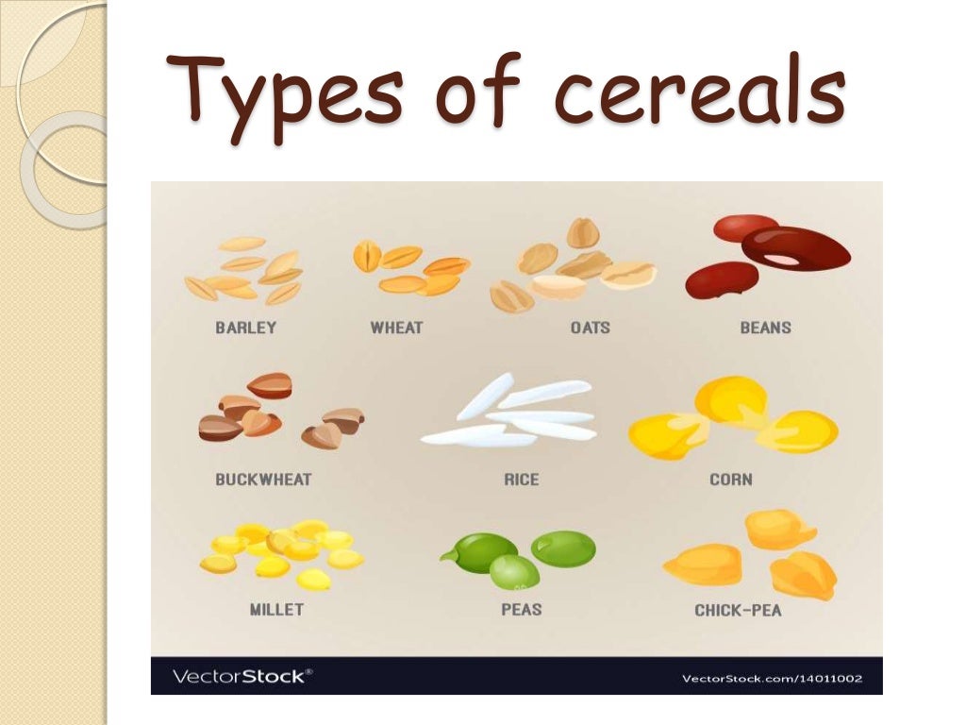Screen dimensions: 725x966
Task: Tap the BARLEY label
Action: [245, 329]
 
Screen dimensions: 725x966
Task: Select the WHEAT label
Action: [396, 329]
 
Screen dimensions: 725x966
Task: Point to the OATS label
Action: [590, 329]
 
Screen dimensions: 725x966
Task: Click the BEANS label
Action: [765, 329]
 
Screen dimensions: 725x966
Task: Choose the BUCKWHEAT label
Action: [263, 480]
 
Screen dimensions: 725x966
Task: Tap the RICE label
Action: [521, 480]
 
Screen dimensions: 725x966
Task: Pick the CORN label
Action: [730, 480]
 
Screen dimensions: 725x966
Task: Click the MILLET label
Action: [276, 610]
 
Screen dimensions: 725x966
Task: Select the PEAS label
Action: [521, 610]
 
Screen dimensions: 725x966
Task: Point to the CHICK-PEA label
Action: [738, 610]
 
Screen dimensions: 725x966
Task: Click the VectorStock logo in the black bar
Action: [241, 676]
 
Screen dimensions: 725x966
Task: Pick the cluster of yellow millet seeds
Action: [281, 551]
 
